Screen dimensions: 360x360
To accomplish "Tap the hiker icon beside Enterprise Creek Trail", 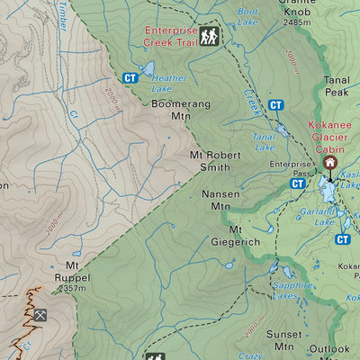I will (x=211, y=36).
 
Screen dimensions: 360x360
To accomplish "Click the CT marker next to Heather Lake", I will (x=130, y=78).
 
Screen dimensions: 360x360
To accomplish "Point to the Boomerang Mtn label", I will (x=181, y=110).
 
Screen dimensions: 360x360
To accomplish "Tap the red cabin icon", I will (x=329, y=163).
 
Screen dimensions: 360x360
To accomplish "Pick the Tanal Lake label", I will (x=264, y=140).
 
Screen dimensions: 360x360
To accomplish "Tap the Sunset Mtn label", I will (x=284, y=340).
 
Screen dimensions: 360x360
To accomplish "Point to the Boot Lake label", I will (x=247, y=16).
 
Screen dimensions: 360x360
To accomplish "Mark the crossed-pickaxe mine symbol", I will (x=40, y=316).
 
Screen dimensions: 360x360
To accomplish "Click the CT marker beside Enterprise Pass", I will (x=298, y=184).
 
